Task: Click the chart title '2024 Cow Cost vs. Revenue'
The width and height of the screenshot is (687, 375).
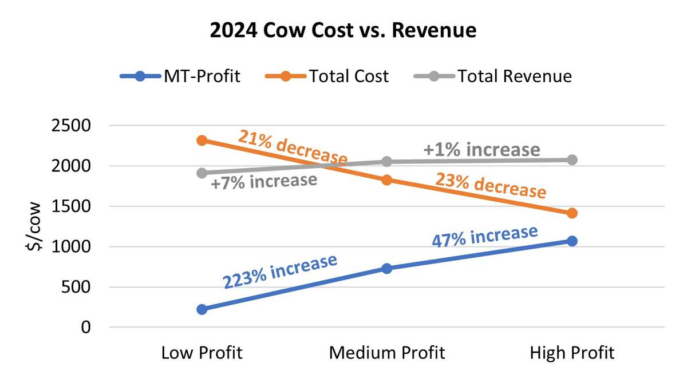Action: [x=343, y=30]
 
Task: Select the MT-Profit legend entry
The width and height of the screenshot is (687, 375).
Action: [x=180, y=76]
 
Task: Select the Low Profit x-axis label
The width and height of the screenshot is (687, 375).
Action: [x=202, y=353]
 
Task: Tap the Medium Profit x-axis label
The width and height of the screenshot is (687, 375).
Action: [x=386, y=353]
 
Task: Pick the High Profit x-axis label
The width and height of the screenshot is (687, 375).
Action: [x=572, y=353]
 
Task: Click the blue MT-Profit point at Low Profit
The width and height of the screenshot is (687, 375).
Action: [x=202, y=309]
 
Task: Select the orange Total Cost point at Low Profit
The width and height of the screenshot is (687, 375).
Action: [x=202, y=140]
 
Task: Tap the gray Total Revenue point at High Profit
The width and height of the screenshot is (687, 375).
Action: [x=572, y=159]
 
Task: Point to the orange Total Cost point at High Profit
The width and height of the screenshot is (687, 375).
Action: [x=572, y=213]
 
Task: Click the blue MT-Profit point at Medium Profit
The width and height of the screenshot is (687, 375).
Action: [x=386, y=268]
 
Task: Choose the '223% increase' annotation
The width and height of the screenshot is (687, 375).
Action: [x=279, y=272]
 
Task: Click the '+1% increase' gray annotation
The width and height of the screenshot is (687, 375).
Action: [x=481, y=150]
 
